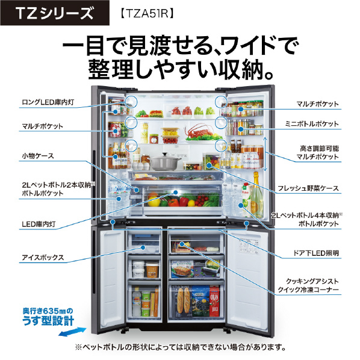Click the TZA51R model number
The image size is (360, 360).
click(147, 13)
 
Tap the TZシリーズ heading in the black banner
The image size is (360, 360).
click(55, 13)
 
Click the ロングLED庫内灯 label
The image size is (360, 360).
click(48, 102)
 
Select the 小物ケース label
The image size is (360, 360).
click(38, 156)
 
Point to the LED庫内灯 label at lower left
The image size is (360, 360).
click(39, 224)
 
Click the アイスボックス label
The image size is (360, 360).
click(43, 258)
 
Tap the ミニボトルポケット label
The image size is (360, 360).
click(312, 124)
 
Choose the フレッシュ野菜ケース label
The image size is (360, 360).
click(308, 188)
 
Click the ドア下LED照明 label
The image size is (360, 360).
click(316, 253)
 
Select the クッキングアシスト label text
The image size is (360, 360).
click(312, 281)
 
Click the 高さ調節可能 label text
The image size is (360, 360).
click(319, 149)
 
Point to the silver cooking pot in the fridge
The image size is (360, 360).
click(165, 161)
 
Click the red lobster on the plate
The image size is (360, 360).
click(200, 131)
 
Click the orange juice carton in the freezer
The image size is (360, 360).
click(214, 301)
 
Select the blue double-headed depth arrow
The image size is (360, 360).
click(72, 332)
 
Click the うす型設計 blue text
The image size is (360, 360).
click(48, 320)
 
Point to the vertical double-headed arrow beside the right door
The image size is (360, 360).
click(265, 154)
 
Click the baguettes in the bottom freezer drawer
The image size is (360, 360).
click(184, 301)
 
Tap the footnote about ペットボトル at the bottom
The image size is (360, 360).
click(180, 347)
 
